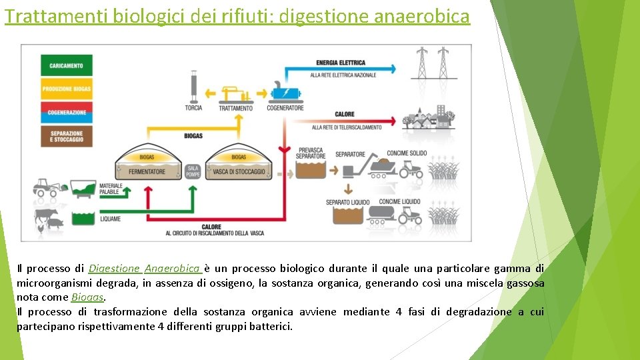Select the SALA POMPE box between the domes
tap(193, 171)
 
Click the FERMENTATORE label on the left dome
tap(146, 171)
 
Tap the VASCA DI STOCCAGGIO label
tap(239, 171)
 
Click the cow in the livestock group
tap(47, 216)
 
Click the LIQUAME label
tap(110, 218)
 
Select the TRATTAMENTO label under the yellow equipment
tap(235, 108)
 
